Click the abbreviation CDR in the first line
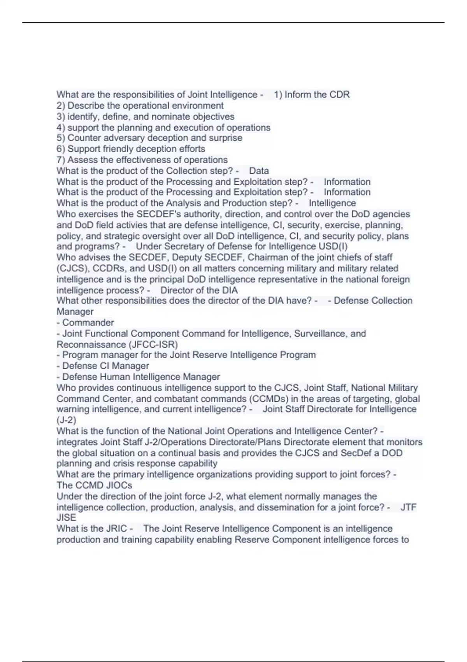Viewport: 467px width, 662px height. (340, 95)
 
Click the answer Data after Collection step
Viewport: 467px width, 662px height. (259, 171)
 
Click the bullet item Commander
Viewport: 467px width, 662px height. (88, 322)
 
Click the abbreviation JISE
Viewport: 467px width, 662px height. (67, 518)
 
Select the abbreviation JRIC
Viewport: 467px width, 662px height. (116, 528)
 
